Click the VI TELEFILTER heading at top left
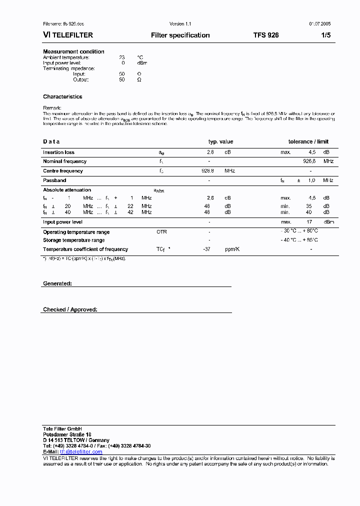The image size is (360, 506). [68, 35]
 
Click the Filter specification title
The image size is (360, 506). [180, 35]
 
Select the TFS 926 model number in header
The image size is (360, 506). [266, 35]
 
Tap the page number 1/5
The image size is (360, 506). [325, 35]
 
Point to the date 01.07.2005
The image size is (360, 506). [319, 24]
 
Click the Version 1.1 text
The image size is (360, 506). [180, 24]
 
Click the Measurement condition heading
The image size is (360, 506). [73, 51]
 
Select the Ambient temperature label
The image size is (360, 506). [66, 57]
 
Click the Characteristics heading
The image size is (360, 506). [62, 96]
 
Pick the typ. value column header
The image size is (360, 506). [220, 141]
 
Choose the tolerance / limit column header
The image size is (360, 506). [308, 141]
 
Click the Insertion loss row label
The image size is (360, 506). [58, 152]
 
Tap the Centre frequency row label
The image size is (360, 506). [63, 171]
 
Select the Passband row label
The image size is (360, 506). [54, 180]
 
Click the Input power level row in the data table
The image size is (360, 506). [62, 222]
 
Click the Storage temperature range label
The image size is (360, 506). [73, 240]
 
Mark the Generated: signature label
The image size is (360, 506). [57, 283]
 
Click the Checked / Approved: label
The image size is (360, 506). [70, 309]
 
